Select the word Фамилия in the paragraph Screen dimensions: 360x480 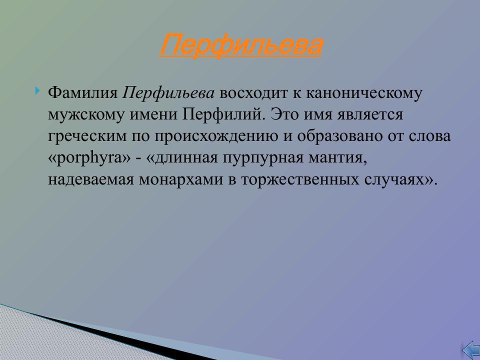pos(82,93)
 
